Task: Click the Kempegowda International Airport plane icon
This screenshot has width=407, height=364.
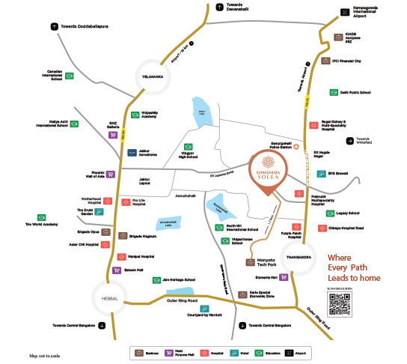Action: pyautogui.click(x=345, y=11)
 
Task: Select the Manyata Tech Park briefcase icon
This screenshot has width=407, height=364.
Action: pyautogui.click(x=251, y=262)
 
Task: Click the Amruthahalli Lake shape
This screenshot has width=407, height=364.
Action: pyautogui.click(x=169, y=224)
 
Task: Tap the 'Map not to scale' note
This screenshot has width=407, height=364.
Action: pyautogui.click(x=45, y=355)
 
